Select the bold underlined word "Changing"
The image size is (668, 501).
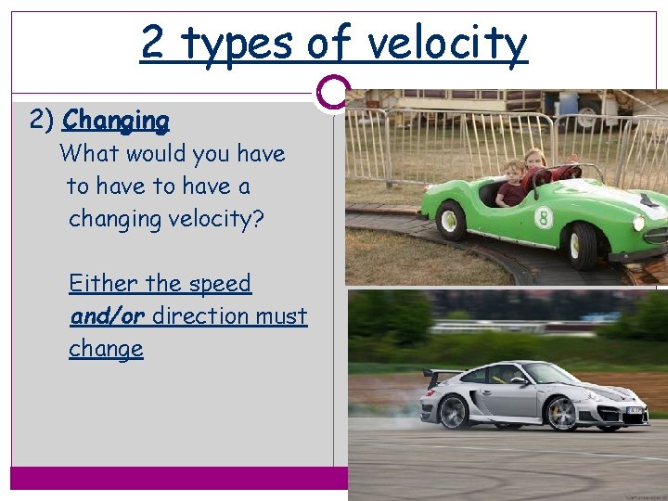[116, 121]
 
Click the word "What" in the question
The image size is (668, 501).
[89, 153]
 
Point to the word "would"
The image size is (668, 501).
[159, 153]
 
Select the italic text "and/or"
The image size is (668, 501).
[107, 316]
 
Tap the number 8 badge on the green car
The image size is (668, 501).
[544, 218]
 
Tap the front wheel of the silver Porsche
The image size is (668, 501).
[560, 414]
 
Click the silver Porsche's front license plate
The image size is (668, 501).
[634, 409]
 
